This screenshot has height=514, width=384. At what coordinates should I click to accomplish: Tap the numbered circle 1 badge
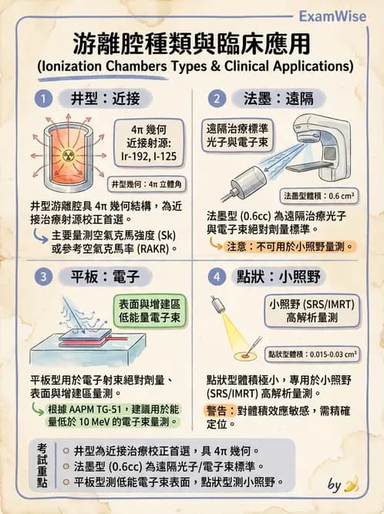[45, 98]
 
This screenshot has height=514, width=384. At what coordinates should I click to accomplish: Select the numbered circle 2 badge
[218, 98]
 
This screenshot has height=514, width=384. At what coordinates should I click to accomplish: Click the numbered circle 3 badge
[45, 275]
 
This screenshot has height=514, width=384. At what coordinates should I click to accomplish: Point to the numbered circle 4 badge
[218, 275]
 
